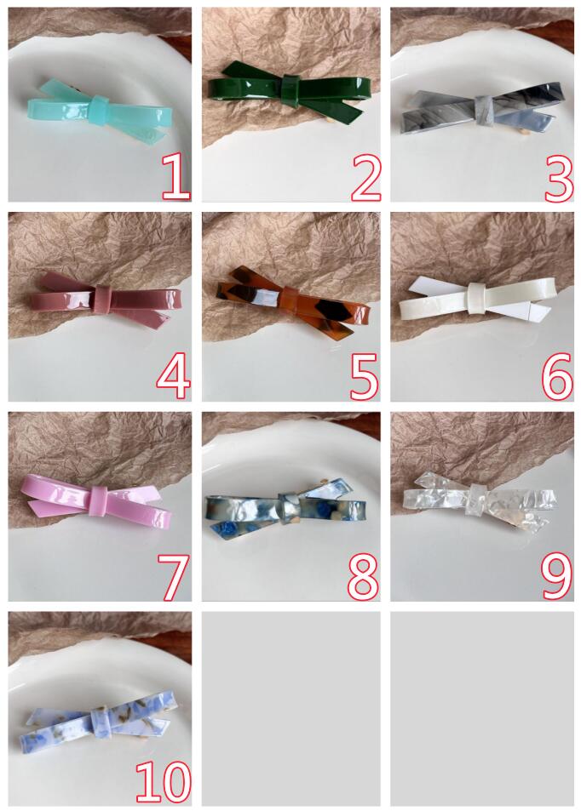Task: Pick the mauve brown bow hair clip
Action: (x=104, y=300)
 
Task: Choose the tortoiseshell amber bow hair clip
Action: (x=292, y=300)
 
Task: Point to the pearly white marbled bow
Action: (x=287, y=507)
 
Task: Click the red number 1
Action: (x=175, y=177)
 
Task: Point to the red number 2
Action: (x=366, y=177)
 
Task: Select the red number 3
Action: (x=559, y=178)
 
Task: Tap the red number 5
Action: (x=365, y=376)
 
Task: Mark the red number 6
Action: (x=557, y=376)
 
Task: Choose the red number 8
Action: (x=364, y=575)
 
